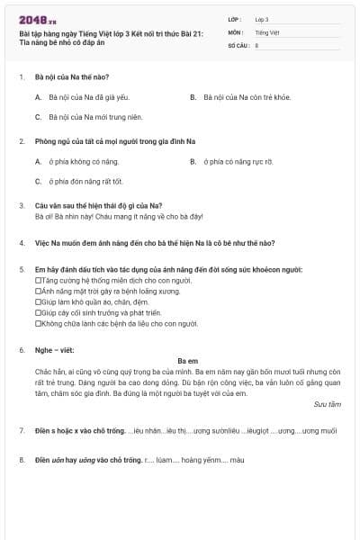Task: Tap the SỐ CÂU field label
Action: click(238, 44)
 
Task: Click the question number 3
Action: click(21, 206)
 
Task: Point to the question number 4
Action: click(21, 243)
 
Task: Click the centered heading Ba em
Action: click(186, 361)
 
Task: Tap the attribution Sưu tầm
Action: click(327, 405)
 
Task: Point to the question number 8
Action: click(21, 460)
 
